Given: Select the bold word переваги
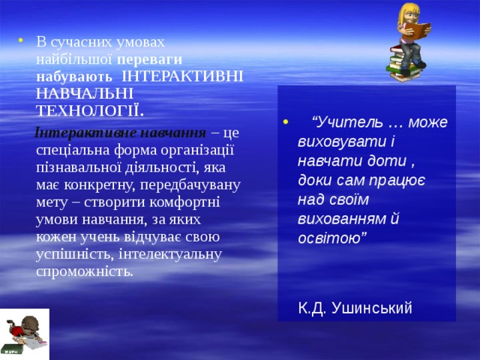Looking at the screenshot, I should [150, 58].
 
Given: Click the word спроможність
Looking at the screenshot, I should [84, 271].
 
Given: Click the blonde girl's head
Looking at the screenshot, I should [412, 13].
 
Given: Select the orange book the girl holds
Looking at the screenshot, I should [420, 31].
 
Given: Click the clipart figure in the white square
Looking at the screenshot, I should [24, 334].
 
